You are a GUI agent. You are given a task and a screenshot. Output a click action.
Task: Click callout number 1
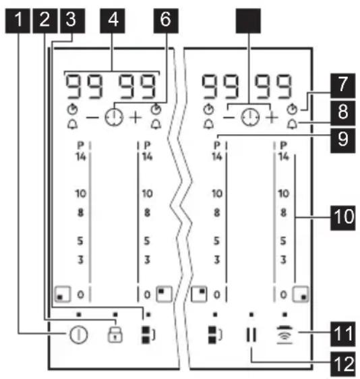pyautogui.click(x=18, y=21)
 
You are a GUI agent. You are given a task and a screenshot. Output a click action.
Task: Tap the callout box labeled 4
pyautogui.click(x=113, y=21)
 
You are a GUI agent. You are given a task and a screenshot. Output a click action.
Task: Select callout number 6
pyautogui.click(x=166, y=21)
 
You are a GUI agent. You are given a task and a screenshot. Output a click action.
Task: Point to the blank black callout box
pyautogui.click(x=248, y=21)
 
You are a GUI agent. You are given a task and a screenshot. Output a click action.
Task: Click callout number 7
pyautogui.click(x=343, y=86)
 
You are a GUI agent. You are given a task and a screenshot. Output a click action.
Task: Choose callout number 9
pyautogui.click(x=343, y=140)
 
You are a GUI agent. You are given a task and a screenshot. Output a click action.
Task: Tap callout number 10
pyautogui.click(x=343, y=218)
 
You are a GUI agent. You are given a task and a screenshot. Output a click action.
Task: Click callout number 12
pyautogui.click(x=343, y=364)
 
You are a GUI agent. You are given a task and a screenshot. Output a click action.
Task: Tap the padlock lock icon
pyautogui.click(x=115, y=334)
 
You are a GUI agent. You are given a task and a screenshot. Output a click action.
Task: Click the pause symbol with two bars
pyautogui.click(x=251, y=334)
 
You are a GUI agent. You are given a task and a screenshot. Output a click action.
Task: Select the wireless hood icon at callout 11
pyautogui.click(x=284, y=334)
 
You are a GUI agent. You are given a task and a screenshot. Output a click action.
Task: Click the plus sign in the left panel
pyautogui.click(x=136, y=118)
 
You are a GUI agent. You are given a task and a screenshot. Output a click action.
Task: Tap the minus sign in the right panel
pyautogui.click(x=229, y=118)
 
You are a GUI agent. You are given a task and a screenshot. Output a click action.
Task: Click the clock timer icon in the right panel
pyautogui.click(x=251, y=117)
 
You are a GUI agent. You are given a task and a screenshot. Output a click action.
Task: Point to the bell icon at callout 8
pyautogui.click(x=292, y=125)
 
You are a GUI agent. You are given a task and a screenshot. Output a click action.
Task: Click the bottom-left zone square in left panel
pyautogui.click(x=63, y=294)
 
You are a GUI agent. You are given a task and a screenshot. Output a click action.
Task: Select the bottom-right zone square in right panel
pyautogui.click(x=301, y=294)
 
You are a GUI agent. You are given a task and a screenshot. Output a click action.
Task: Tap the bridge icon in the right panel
pyautogui.click(x=215, y=334)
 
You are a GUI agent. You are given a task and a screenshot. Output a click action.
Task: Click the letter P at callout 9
pyautogui.click(x=217, y=145)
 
